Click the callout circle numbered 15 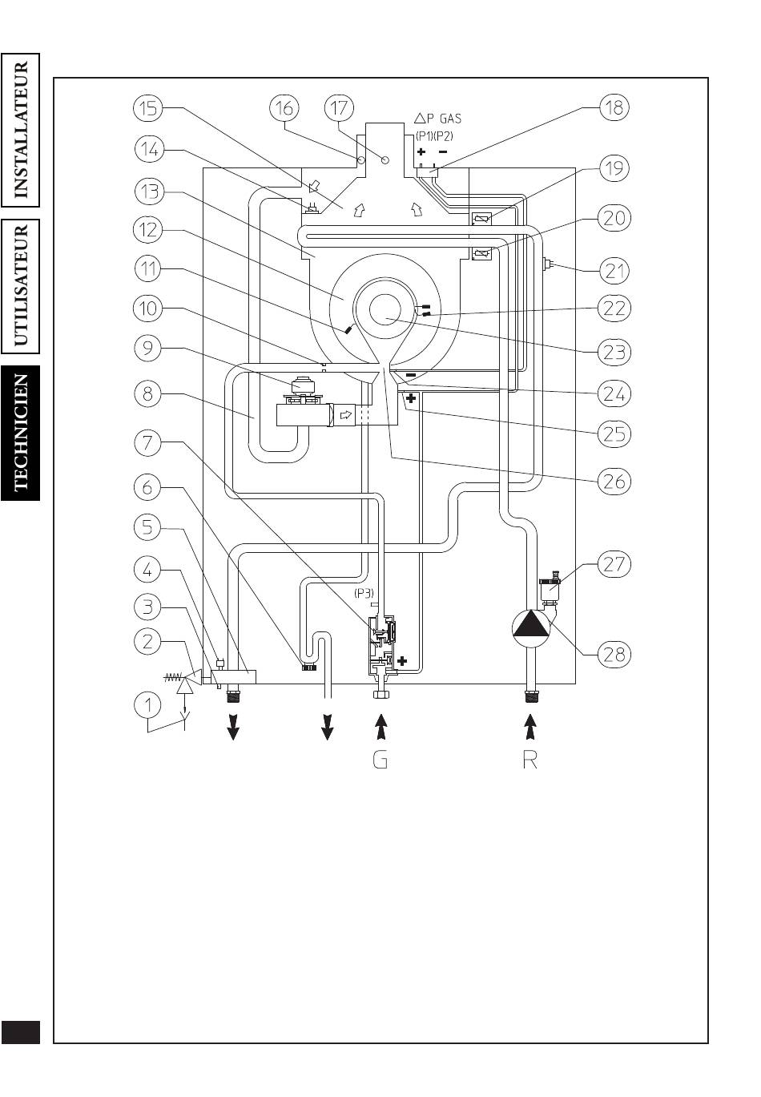(148, 107)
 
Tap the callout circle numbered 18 (614, 107)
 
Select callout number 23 (614, 352)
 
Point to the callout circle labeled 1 (147, 706)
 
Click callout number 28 (614, 654)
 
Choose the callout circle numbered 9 (147, 348)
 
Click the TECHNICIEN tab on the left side (21, 433)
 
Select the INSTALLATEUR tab (21, 130)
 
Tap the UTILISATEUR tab (21, 286)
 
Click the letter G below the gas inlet (380, 760)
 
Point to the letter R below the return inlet (530, 760)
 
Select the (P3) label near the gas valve (364, 594)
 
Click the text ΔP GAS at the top (438, 118)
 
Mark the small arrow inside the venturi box (346, 415)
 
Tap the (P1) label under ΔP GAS (424, 136)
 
